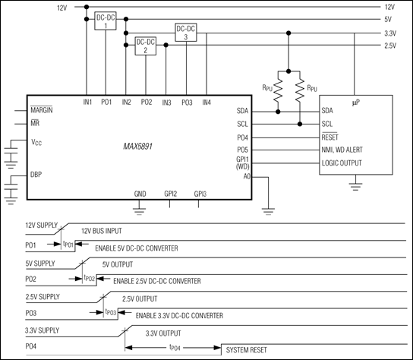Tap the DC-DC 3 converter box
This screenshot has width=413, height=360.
pos(186,32)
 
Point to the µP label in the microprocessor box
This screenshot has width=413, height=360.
pos(355,101)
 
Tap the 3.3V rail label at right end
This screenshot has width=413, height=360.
pos(391,33)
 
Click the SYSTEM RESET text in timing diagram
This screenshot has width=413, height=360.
pos(247,351)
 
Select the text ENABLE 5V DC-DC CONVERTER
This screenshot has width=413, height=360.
pos(137,248)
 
